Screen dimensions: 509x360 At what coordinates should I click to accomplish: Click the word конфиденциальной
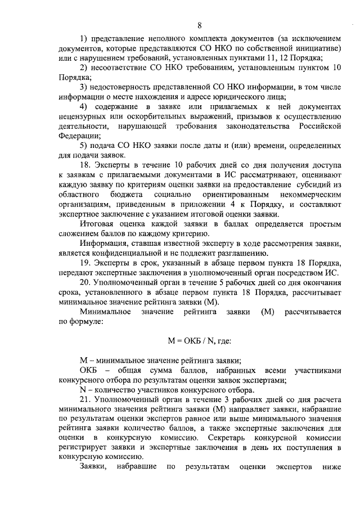tap(114, 253)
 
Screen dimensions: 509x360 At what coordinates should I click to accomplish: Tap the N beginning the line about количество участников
tap(83, 390)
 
